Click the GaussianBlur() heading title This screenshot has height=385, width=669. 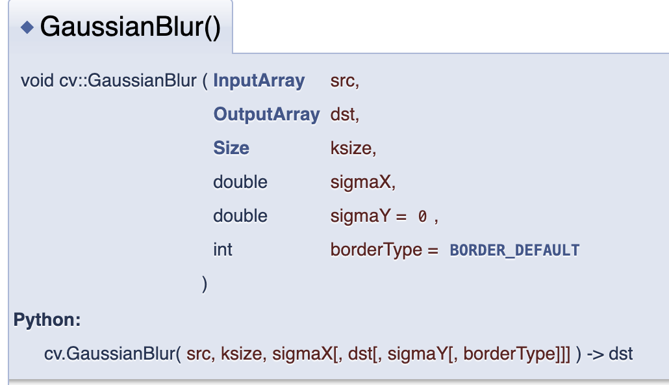pyautogui.click(x=131, y=27)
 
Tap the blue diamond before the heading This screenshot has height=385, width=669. pyautogui.click(x=27, y=27)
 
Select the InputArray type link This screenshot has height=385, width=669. pyautogui.click(x=259, y=81)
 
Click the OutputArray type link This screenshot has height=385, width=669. pyautogui.click(x=266, y=114)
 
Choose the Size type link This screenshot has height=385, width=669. pyautogui.click(x=231, y=148)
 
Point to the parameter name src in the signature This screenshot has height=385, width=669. pyautogui.click(x=344, y=81)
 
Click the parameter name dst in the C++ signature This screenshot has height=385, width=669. pyautogui.click(x=344, y=114)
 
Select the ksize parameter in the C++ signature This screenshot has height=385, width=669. pyautogui.click(x=352, y=148)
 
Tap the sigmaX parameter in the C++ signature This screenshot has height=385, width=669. pyautogui.click(x=362, y=182)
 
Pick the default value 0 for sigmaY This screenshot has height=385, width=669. pyautogui.click(x=422, y=217)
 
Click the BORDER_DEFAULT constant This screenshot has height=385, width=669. pyautogui.click(x=514, y=250)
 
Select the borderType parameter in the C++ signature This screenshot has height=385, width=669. pyautogui.click(x=376, y=250)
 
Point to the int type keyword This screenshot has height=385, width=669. pyautogui.click(x=222, y=250)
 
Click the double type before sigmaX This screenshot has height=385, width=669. pyautogui.click(x=240, y=182)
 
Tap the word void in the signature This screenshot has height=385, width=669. pyautogui.click(x=33, y=81)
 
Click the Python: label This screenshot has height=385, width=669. pyautogui.click(x=47, y=321)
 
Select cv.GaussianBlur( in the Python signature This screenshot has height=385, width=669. pyautogui.click(x=112, y=354)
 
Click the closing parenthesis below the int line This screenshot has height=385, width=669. pyautogui.click(x=205, y=284)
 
